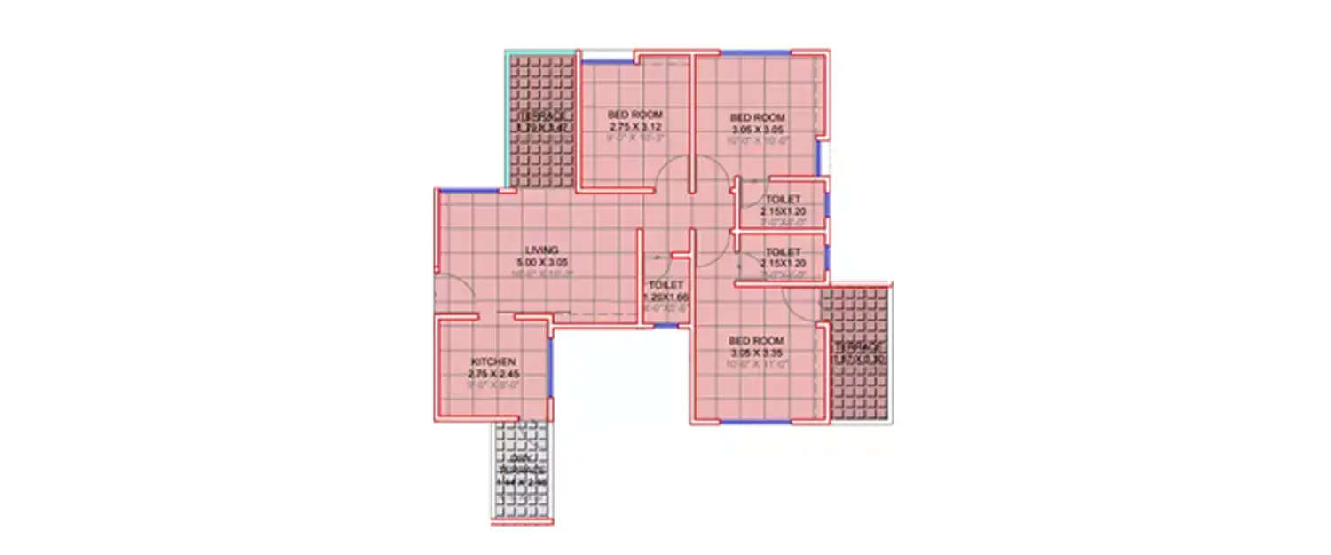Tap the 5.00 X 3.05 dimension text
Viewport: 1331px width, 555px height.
541,262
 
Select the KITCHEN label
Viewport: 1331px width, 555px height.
493,361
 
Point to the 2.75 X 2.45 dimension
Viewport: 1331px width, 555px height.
493,374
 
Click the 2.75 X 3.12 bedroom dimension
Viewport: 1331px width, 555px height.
634,127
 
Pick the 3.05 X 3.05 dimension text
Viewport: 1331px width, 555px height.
758,129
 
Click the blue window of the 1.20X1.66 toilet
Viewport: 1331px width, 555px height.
665,326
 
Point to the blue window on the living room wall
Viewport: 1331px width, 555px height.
469,189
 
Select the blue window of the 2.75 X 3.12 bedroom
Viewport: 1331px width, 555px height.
607,60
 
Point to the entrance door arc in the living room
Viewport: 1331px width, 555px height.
451,293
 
